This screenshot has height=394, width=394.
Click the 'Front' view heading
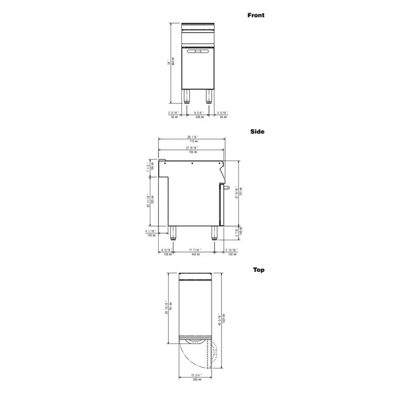[255, 15]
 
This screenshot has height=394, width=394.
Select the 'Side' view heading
[257, 131]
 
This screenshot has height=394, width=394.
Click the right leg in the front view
[209, 97]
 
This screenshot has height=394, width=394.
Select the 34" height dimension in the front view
[168, 62]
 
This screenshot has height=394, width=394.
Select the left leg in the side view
[175, 232]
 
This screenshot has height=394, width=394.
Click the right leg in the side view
[213, 232]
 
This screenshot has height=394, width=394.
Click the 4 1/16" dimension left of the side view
[150, 232]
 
